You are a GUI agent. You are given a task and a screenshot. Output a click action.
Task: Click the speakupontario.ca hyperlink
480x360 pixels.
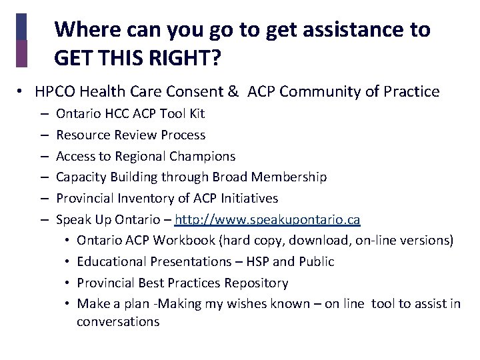(267, 219)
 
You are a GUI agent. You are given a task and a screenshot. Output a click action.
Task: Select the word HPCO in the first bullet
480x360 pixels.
(53, 92)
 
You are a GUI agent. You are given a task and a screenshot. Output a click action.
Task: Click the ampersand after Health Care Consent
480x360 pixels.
(233, 92)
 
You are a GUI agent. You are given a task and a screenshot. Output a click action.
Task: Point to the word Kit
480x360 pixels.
(195, 113)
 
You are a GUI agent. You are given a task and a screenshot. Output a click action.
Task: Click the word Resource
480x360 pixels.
(83, 135)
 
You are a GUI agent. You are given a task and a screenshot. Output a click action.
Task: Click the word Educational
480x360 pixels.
(112, 261)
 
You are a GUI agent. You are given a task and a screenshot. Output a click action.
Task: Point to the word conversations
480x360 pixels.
(118, 321)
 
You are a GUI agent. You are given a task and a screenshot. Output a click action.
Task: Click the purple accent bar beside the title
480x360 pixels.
(21, 53)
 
